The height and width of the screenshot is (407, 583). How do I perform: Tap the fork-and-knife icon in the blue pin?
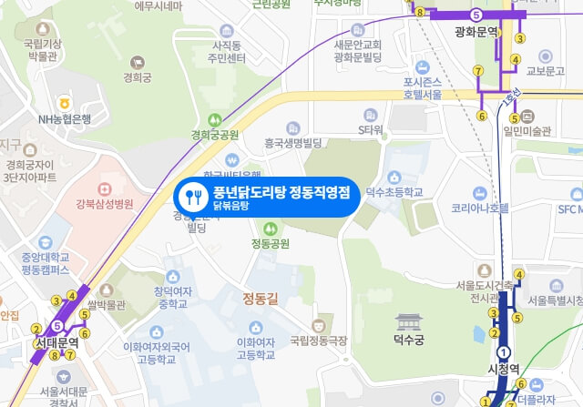[x=192, y=197]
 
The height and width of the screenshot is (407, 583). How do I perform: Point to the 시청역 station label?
[x=502, y=370]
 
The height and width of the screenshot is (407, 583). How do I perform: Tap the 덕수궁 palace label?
[x=409, y=341]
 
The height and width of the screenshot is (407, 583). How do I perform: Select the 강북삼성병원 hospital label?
[x=105, y=202]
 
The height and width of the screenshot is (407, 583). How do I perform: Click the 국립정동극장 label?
[x=319, y=341]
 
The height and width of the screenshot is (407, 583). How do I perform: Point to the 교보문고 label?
[x=547, y=70]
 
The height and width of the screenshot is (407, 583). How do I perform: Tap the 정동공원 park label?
[x=270, y=243]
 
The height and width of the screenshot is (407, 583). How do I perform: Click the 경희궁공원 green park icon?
[x=213, y=119]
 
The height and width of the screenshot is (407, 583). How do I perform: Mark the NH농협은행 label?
[x=65, y=118]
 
